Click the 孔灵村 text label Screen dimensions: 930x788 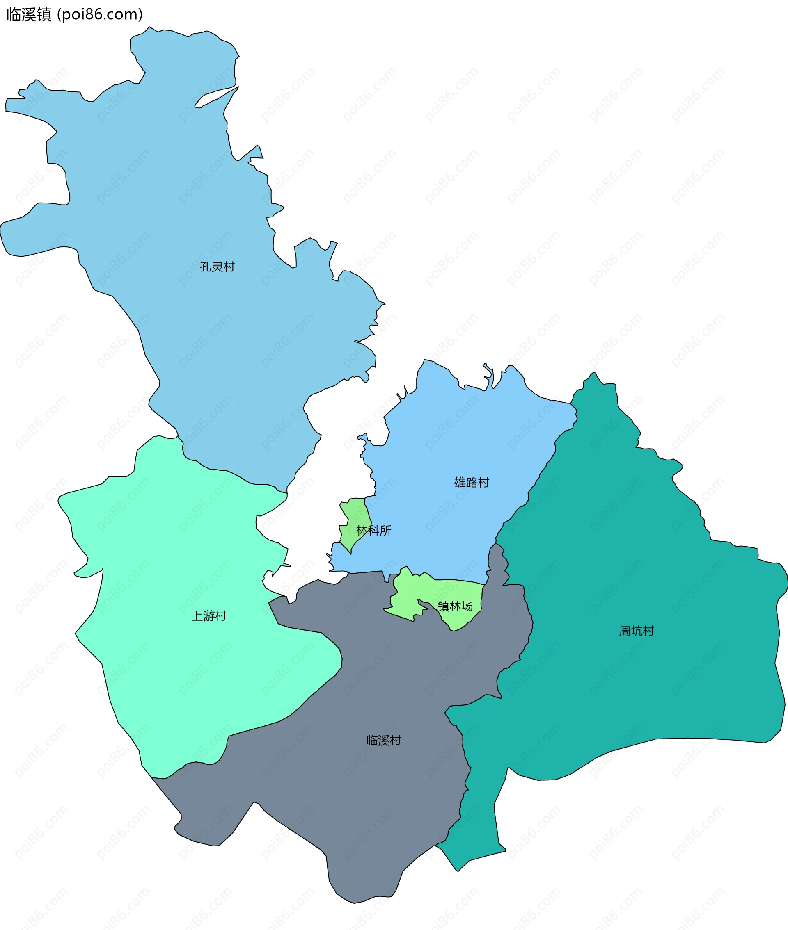(x=217, y=267)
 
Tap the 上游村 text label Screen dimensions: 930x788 (x=208, y=616)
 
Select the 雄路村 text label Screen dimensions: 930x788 (x=471, y=482)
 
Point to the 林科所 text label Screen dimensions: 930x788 (x=373, y=531)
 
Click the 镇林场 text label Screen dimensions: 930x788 (x=455, y=606)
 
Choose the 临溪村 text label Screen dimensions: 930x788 (x=383, y=740)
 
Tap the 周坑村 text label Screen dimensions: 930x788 (x=636, y=631)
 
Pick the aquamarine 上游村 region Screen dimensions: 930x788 (x=179, y=558)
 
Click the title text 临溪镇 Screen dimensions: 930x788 (x=29, y=14)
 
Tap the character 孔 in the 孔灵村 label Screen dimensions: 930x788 (x=206, y=267)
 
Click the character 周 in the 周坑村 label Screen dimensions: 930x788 (x=625, y=631)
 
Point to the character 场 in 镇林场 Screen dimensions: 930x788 (x=467, y=606)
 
